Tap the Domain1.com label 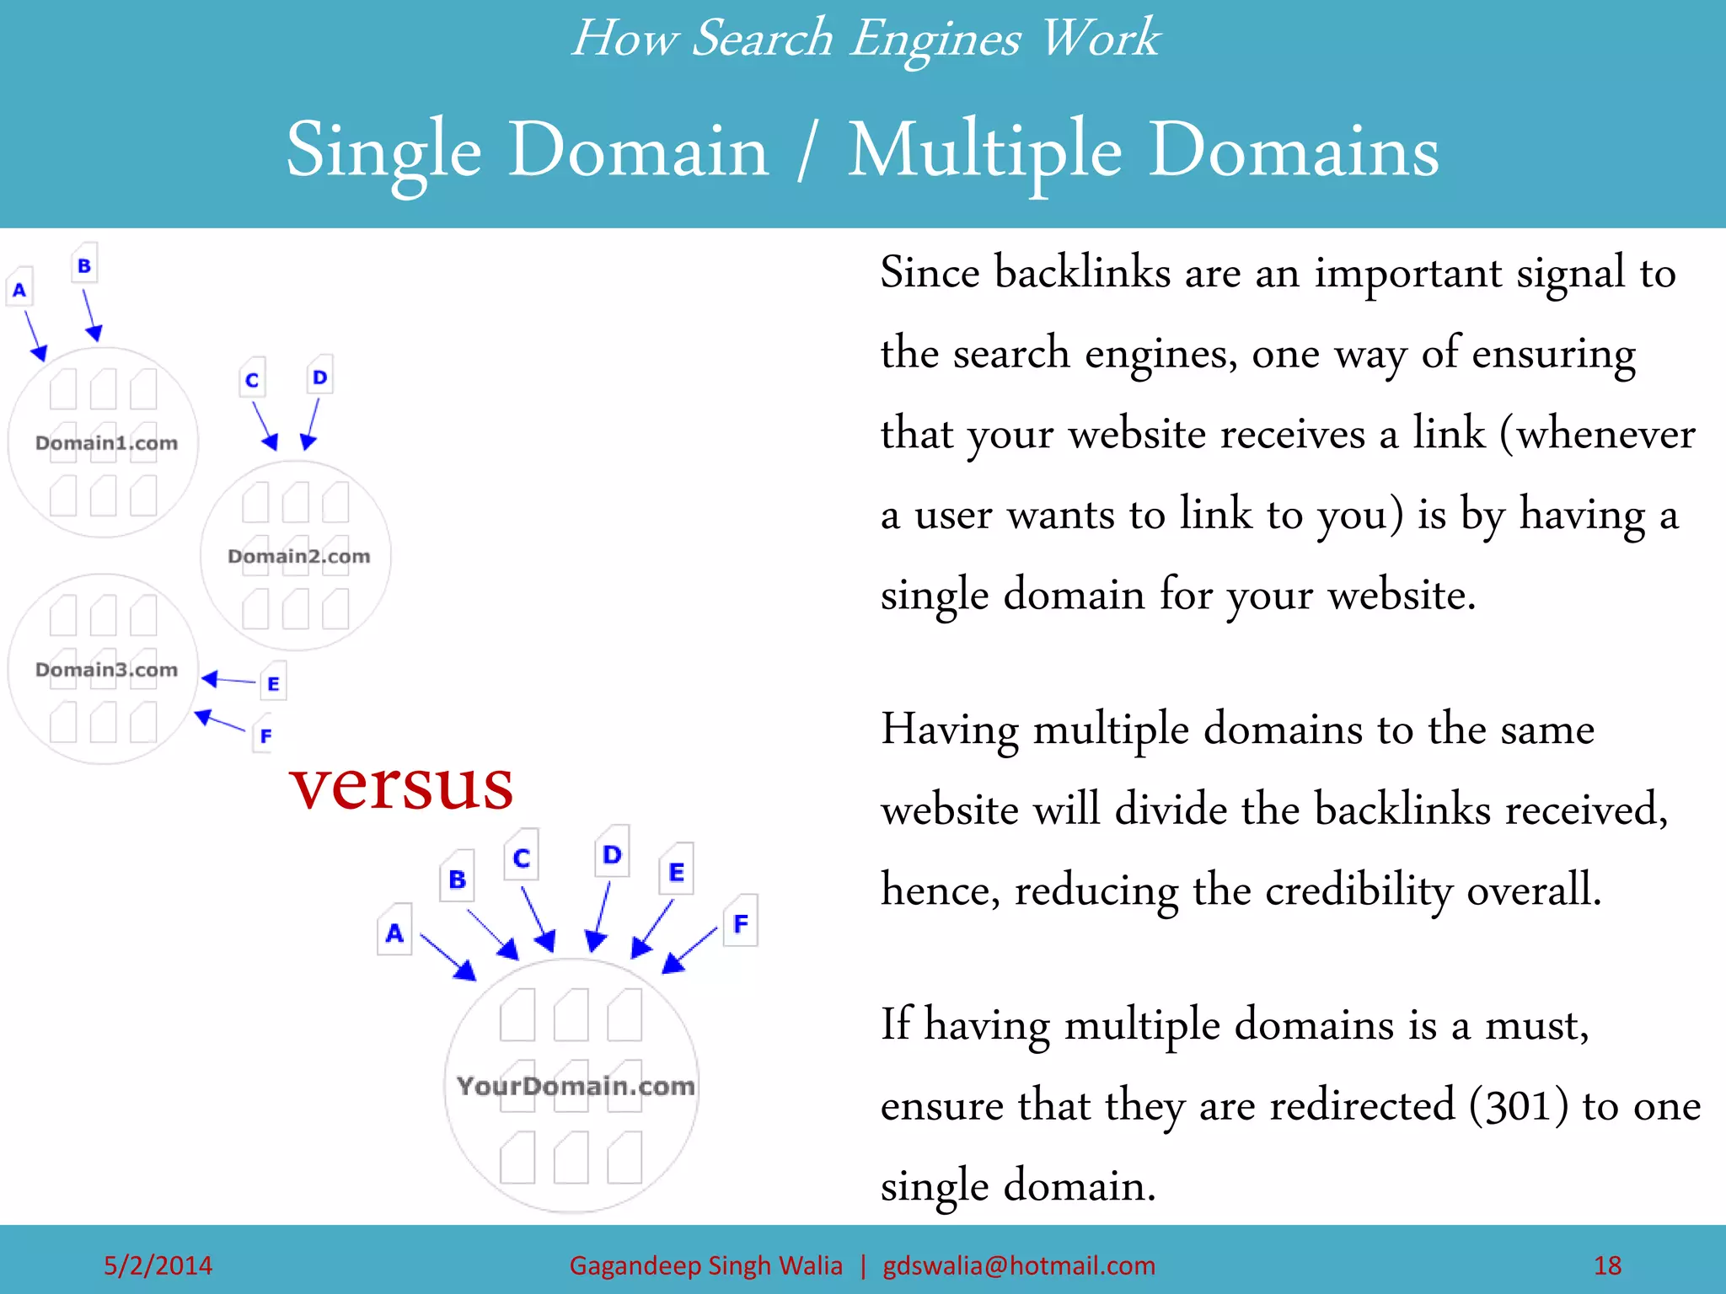[x=107, y=443]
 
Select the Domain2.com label [x=299, y=556]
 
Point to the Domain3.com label [x=107, y=670]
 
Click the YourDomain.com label [x=576, y=1086]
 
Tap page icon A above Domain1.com [x=19, y=289]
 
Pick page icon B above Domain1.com [x=84, y=265]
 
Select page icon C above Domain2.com [x=252, y=379]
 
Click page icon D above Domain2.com [x=319, y=377]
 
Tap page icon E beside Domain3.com [x=273, y=683]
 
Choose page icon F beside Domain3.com [x=265, y=735]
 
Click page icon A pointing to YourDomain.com [x=394, y=932]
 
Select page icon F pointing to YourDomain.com [x=741, y=922]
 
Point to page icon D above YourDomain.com [x=612, y=853]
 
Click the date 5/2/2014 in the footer [x=158, y=1265]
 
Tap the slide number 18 [x=1607, y=1265]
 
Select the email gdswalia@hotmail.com [x=1019, y=1265]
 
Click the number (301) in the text [x=1519, y=1106]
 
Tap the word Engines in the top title [x=935, y=39]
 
